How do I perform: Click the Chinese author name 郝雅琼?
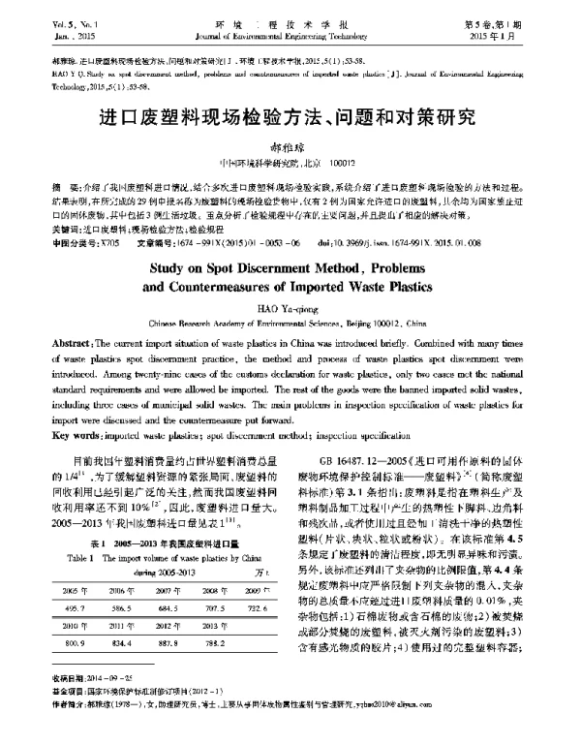click(x=290, y=147)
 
